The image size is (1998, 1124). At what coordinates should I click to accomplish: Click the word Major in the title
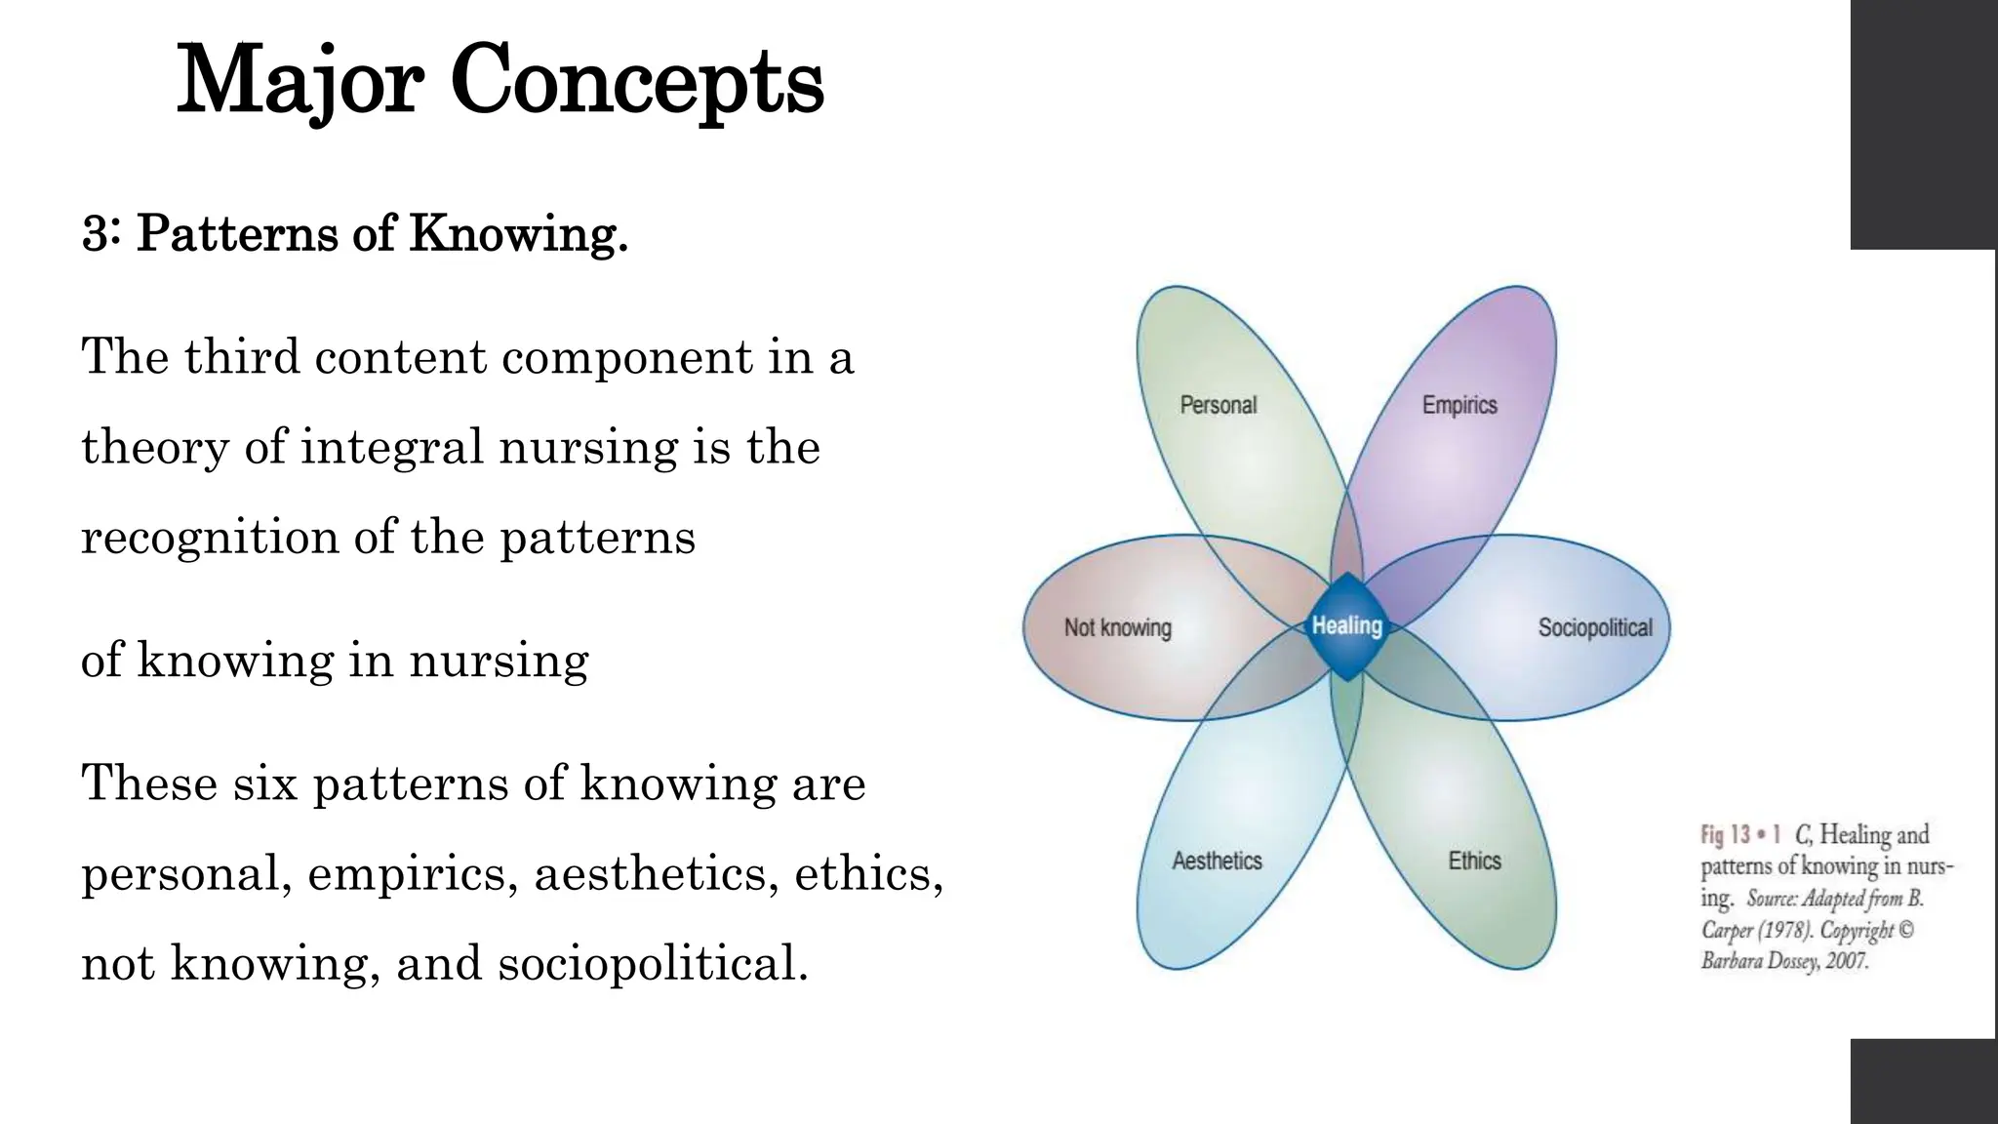pyautogui.click(x=300, y=82)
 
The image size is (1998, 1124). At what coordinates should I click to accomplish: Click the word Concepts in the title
pyautogui.click(x=637, y=82)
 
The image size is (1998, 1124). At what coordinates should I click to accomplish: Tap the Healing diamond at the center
pyautogui.click(x=1346, y=626)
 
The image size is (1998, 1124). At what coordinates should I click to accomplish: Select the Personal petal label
pyautogui.click(x=1218, y=405)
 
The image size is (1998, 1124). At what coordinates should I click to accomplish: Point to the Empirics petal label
pyautogui.click(x=1459, y=405)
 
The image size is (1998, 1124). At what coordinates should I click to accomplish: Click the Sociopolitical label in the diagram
pyautogui.click(x=1595, y=627)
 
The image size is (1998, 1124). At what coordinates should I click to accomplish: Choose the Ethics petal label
pyautogui.click(x=1474, y=861)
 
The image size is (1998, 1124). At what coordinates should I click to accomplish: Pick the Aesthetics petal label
pyautogui.click(x=1217, y=861)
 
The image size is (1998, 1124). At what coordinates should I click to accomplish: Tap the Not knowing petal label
pyautogui.click(x=1117, y=627)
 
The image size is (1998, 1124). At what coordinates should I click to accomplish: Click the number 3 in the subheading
pyautogui.click(x=95, y=234)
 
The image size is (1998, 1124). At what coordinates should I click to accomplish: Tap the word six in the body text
pyautogui.click(x=265, y=783)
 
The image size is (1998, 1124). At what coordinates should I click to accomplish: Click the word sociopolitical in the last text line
pyautogui.click(x=652, y=964)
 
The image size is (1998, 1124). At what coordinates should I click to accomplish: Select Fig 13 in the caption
pyautogui.click(x=1727, y=835)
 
